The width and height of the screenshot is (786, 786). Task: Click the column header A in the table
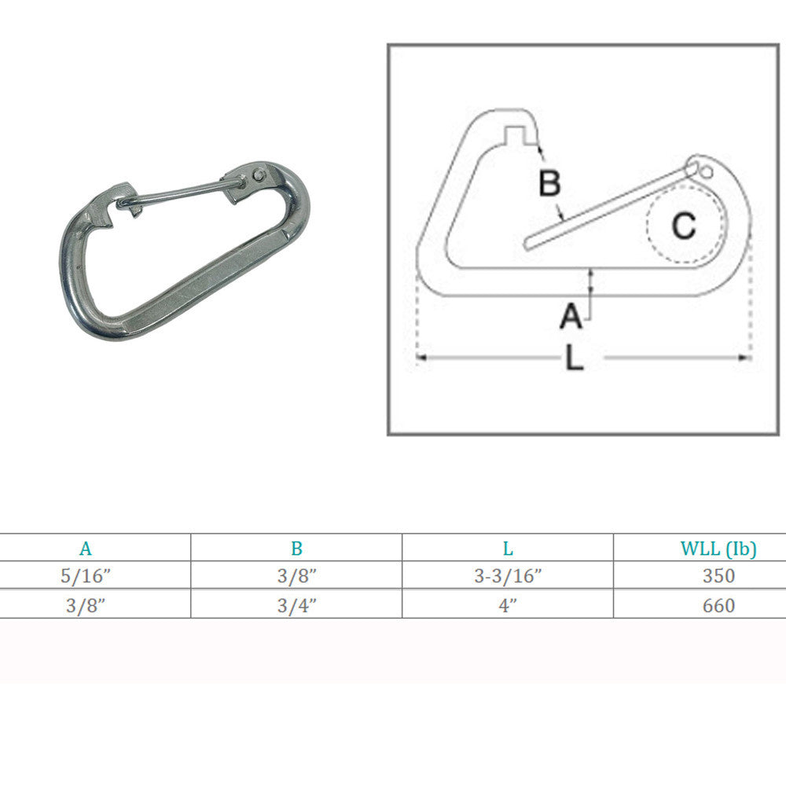pyautogui.click(x=86, y=549)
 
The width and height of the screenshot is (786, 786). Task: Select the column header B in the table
pyautogui.click(x=296, y=549)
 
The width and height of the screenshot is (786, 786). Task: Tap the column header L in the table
pyautogui.click(x=508, y=549)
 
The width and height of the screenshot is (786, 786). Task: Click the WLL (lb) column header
pyautogui.click(x=718, y=549)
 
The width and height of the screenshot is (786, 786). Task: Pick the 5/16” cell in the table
pyautogui.click(x=86, y=576)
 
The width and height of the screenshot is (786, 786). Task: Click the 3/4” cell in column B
pyautogui.click(x=296, y=605)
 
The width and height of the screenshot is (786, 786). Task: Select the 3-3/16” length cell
pyautogui.click(x=508, y=576)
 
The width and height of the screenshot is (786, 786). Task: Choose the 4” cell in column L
pyautogui.click(x=508, y=605)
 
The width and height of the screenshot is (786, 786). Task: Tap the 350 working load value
pyautogui.click(x=718, y=576)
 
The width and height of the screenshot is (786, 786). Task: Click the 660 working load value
pyautogui.click(x=718, y=605)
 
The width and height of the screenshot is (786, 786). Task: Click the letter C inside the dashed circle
pyautogui.click(x=683, y=226)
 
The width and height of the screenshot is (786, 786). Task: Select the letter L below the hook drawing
pyautogui.click(x=575, y=359)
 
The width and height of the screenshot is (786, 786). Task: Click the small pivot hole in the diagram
pyautogui.click(x=705, y=171)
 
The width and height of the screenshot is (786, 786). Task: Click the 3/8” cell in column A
pyautogui.click(x=86, y=605)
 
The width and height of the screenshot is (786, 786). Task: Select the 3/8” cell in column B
pyautogui.click(x=296, y=576)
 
